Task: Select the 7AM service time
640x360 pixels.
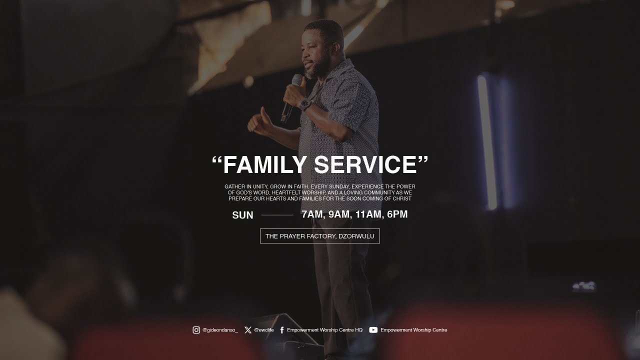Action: (x=312, y=215)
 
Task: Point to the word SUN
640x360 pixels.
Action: (x=242, y=215)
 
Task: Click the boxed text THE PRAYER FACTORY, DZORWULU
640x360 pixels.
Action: (x=319, y=236)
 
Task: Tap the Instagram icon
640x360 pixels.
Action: (x=196, y=330)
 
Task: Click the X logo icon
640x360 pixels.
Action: (x=248, y=330)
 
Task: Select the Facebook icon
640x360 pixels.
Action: (x=282, y=330)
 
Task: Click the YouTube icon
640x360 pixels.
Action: (x=373, y=330)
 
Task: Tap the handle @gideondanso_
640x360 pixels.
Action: (x=220, y=330)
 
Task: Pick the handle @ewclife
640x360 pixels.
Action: (x=263, y=330)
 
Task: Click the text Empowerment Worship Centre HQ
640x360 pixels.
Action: (x=324, y=330)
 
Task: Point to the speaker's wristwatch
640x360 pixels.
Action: (x=305, y=104)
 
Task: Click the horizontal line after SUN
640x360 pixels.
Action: (x=277, y=215)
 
